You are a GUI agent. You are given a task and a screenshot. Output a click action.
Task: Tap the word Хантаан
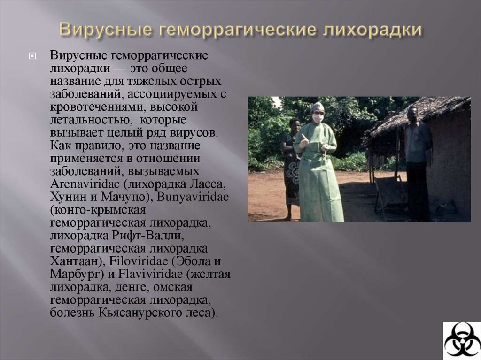(75, 261)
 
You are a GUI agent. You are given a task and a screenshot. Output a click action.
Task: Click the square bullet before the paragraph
(32, 56)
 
